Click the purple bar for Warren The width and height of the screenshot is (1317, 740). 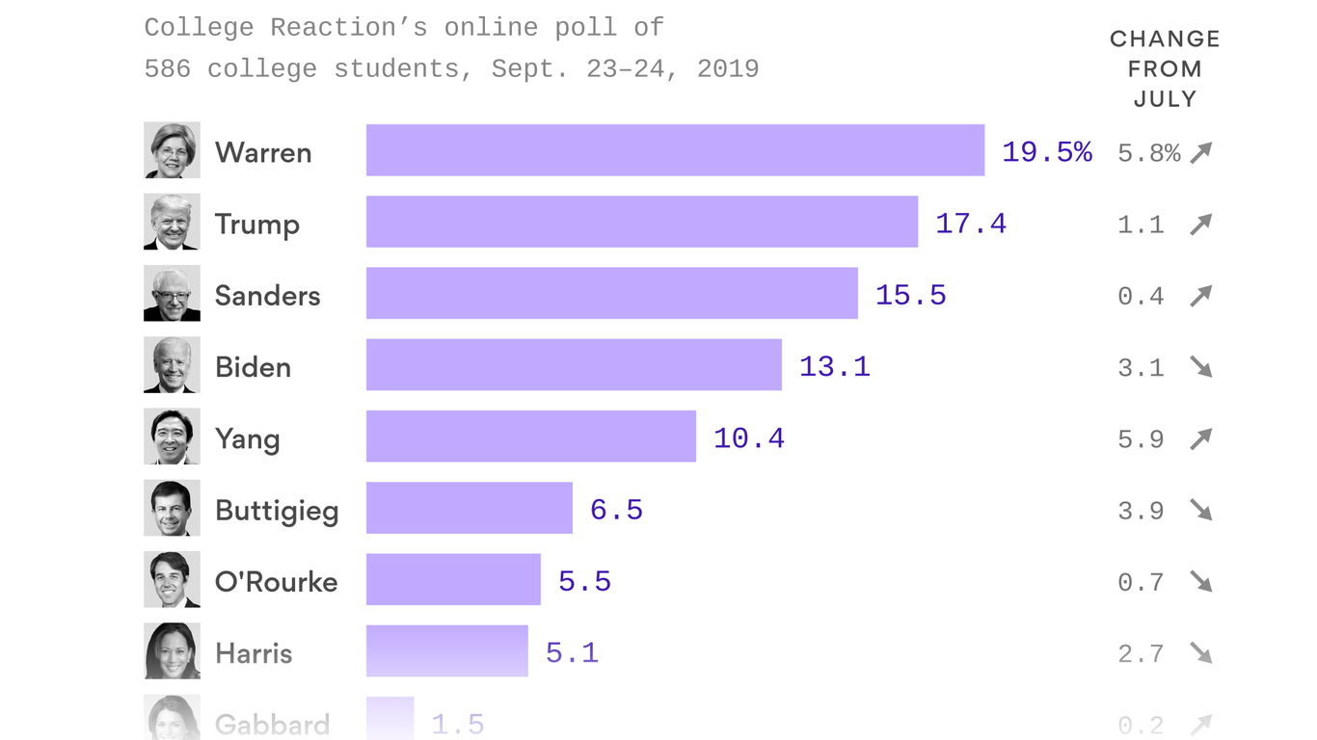[675, 150]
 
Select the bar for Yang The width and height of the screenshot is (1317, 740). [530, 436]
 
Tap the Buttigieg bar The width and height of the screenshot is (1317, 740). [469, 508]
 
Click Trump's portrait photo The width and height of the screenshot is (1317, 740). [172, 222]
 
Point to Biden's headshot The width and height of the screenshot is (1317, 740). [172, 365]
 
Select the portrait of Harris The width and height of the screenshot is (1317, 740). [172, 651]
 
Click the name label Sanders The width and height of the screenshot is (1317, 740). [267, 296]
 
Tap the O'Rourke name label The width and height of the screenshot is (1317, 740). [276, 582]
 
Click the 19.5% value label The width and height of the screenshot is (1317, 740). [1046, 152]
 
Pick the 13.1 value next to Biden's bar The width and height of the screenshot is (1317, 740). [834, 367]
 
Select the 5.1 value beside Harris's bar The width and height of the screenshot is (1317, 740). [572, 653]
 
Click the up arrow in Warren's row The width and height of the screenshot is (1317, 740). [1200, 152]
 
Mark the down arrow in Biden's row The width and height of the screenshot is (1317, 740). [1200, 367]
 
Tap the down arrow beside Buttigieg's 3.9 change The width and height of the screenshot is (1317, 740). [1200, 510]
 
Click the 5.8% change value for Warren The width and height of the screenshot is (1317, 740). [1148, 153]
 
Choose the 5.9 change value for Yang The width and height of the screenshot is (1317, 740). [1141, 439]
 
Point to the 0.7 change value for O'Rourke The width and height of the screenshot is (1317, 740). [1141, 582]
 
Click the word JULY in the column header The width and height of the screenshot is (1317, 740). [1165, 99]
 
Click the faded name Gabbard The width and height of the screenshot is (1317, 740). [272, 724]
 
